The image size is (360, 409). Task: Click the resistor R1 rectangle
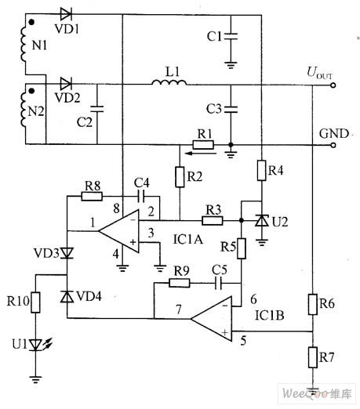pyautogui.click(x=205, y=144)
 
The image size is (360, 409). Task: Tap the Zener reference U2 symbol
pyautogui.click(x=260, y=223)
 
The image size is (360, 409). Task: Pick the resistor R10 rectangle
pyautogui.click(x=36, y=302)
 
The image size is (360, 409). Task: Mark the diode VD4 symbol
pyautogui.click(x=67, y=296)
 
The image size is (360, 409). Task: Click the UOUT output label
pyautogui.click(x=320, y=74)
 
